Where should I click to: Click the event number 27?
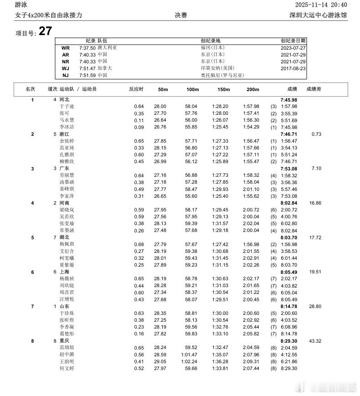click(x=45, y=31)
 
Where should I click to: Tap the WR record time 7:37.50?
click(x=87, y=47)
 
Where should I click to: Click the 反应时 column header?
click(x=136, y=89)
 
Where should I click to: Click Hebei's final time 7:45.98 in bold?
click(x=288, y=99)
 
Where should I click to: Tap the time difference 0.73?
click(x=316, y=134)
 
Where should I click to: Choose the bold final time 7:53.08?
click(x=288, y=168)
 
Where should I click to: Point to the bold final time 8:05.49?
click(x=288, y=272)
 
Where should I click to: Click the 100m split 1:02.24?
click(x=190, y=361)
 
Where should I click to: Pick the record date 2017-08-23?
click(x=293, y=68)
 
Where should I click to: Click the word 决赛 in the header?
click(x=181, y=15)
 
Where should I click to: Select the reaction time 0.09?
click(x=139, y=127)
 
